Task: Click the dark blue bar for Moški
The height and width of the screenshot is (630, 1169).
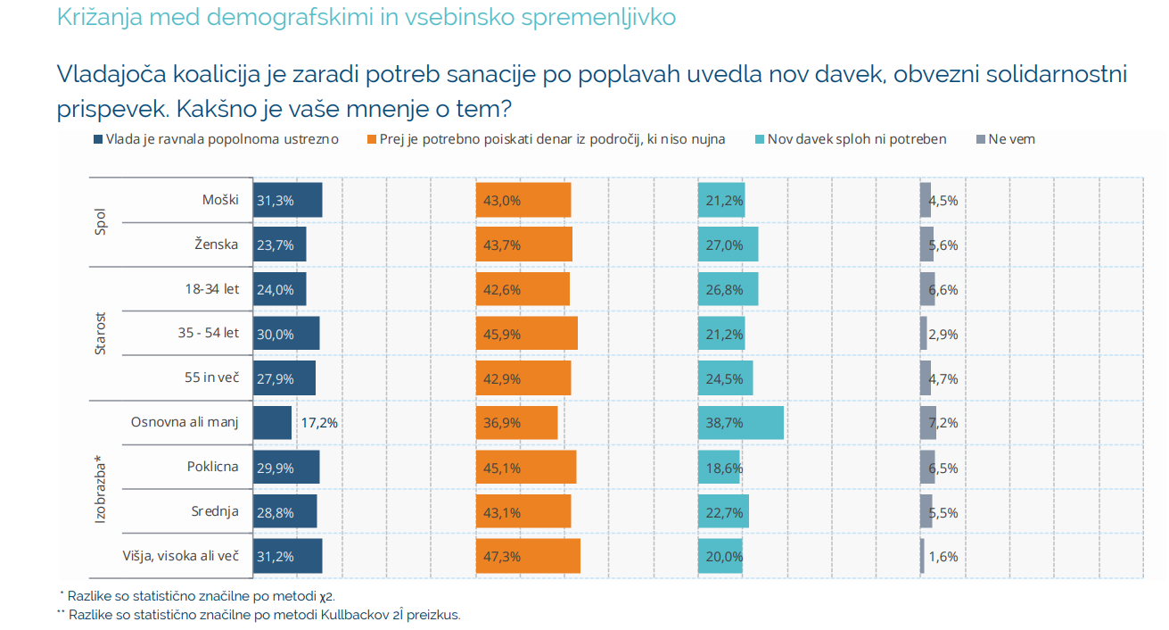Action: [288, 200]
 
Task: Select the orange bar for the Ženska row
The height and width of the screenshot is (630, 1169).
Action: [524, 245]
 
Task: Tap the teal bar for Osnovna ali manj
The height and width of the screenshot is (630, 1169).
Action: [741, 423]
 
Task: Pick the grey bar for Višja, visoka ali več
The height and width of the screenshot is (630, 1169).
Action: [922, 556]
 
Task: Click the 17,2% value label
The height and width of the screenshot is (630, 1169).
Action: [319, 423]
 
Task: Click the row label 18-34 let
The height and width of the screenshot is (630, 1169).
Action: [212, 288]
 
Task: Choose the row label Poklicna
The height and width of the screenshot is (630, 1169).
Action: [213, 467]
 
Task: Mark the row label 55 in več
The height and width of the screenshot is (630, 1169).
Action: [212, 377]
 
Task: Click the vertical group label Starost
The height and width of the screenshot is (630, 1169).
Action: [101, 334]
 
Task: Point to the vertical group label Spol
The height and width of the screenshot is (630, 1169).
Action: [101, 222]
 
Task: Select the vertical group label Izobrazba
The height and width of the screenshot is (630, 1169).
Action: [101, 490]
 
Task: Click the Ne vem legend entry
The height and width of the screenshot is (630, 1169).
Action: [1008, 139]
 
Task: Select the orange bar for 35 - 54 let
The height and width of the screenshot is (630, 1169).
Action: [527, 334]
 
